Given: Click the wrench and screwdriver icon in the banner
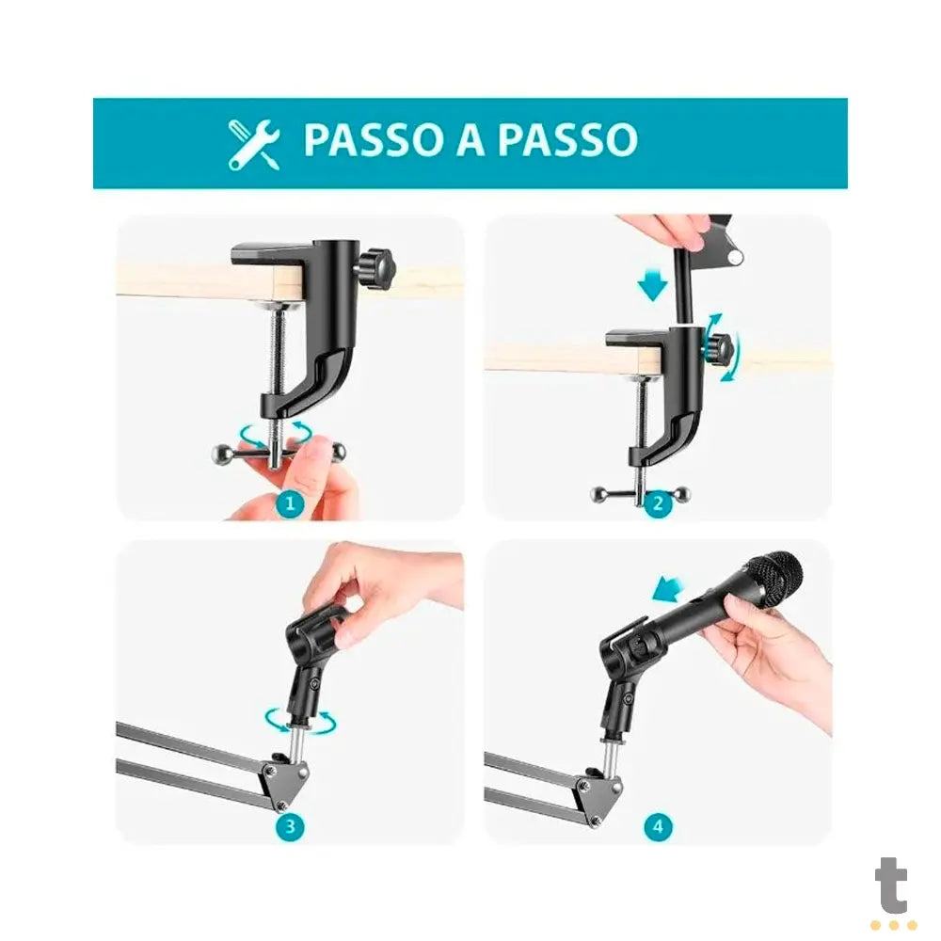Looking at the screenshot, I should coord(254,144).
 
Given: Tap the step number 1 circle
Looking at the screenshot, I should coord(290,503).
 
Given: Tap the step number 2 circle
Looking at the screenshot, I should coord(658,503).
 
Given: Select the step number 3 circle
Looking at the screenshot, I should coord(290,827).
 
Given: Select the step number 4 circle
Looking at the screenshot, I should coord(658,827).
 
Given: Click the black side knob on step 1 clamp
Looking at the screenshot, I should coord(378,268).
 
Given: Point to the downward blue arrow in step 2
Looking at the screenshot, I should coord(652,285).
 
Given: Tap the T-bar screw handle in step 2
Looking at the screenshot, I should coord(641,492).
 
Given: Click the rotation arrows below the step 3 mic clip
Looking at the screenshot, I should coord(300,721).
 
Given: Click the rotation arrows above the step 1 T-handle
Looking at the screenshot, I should coord(275,431).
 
